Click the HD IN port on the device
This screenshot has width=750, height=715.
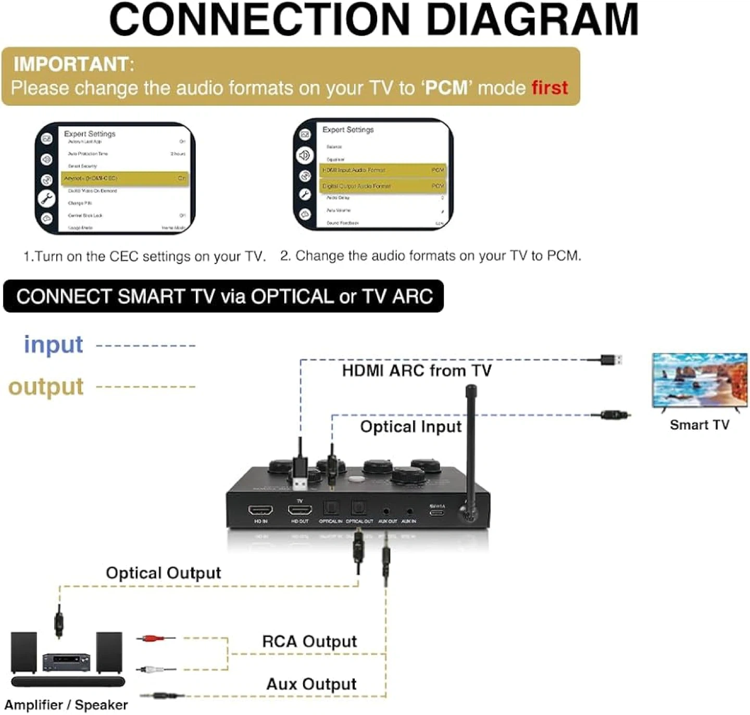[x=260, y=509]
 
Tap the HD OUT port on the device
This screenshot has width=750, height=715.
[x=300, y=509]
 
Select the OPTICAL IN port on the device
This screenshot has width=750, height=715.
[x=331, y=508]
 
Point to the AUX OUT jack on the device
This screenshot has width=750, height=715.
[x=386, y=511]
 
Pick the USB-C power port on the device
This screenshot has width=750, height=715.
[x=437, y=512]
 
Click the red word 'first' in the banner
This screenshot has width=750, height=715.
[x=549, y=87]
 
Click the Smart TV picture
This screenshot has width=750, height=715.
[x=699, y=380]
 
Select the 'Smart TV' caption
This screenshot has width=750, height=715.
[x=699, y=425]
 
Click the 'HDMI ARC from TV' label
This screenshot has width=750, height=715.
[x=417, y=371]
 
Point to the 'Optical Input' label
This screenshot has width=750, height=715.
[x=410, y=427]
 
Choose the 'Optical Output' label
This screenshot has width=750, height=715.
[x=164, y=573]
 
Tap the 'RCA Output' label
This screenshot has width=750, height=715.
[x=309, y=642]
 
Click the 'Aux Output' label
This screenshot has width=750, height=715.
[x=311, y=684]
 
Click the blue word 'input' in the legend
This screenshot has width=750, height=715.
[x=54, y=345]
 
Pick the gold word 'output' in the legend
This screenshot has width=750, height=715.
[x=46, y=387]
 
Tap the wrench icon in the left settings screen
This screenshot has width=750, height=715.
[x=47, y=198]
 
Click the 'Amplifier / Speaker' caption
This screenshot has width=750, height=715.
[x=66, y=705]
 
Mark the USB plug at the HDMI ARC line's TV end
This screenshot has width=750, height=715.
[x=610, y=359]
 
